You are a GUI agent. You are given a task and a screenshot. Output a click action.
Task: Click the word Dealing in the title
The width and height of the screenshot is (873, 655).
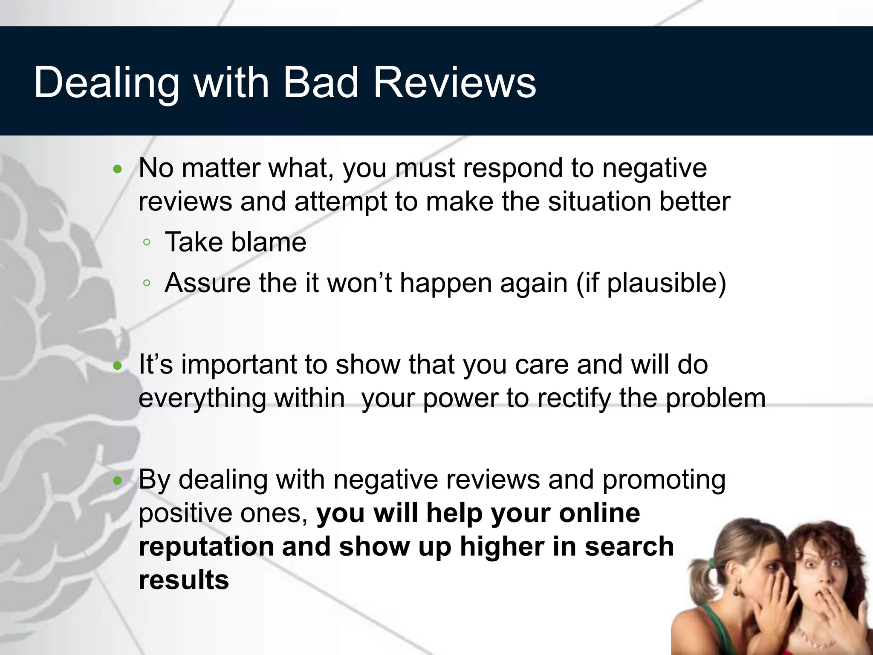pos(107,83)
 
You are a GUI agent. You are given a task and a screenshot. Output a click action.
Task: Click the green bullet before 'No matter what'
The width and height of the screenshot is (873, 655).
pos(118,170)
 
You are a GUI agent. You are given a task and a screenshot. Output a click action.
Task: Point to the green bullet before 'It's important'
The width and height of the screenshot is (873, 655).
pos(118,366)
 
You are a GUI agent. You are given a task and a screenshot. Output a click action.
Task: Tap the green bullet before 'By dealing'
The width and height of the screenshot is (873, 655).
pos(118,481)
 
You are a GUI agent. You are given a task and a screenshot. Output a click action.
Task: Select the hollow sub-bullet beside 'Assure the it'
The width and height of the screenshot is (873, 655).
pos(147,283)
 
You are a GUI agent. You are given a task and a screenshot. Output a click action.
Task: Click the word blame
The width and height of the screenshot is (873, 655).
pos(269,242)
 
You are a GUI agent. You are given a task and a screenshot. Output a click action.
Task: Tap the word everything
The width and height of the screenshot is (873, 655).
pos(202,399)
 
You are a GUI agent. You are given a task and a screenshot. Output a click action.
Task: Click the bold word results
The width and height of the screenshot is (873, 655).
pos(184,580)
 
